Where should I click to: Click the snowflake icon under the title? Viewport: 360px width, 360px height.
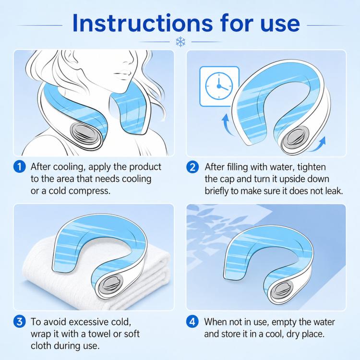pos(180,42)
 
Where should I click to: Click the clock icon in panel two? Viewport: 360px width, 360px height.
pos(218,86)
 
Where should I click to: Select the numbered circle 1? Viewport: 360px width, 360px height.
pos(20,167)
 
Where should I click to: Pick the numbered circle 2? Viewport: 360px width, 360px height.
pos(192,167)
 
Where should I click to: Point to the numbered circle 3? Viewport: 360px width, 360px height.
pos(20,322)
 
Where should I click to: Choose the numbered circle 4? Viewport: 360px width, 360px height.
pos(192,322)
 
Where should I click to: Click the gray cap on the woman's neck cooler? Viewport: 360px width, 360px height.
pos(85,133)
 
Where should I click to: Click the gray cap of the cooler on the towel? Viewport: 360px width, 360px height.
pos(110,286)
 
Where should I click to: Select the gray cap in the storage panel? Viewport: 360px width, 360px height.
pos(281,291)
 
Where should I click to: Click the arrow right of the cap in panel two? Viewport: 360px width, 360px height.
pos(318,144)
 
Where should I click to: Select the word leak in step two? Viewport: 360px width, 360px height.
pos(334,191)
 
